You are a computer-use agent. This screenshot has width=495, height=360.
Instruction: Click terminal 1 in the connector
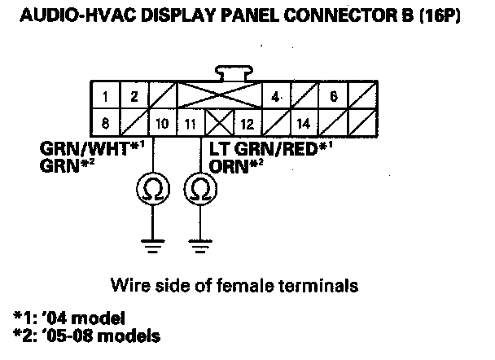105,97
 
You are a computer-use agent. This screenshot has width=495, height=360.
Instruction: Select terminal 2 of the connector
133,97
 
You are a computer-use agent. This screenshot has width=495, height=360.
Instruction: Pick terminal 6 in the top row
333,97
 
